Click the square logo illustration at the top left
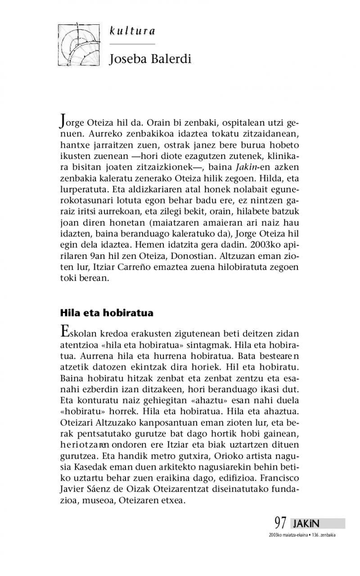click(79, 44)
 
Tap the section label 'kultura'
click(133, 32)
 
